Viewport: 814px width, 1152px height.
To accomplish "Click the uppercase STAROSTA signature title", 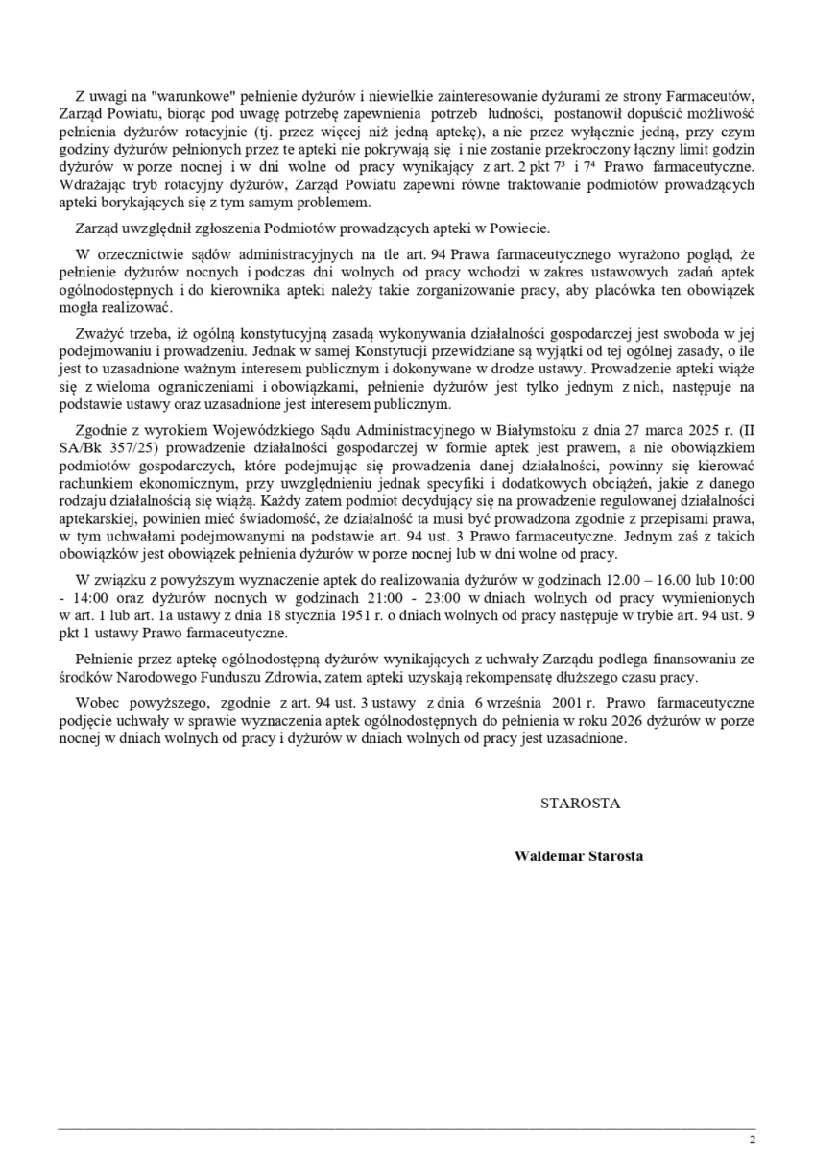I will (580, 804).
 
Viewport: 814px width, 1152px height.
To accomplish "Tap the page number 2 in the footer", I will (753, 1140).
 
